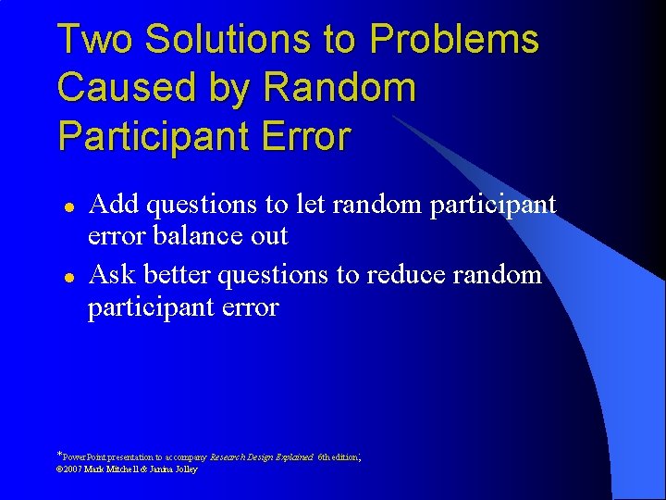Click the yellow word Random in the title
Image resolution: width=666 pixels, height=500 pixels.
pyautogui.click(x=339, y=88)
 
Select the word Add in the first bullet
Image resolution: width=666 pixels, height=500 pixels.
pyautogui.click(x=114, y=203)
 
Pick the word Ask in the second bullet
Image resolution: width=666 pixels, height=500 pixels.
pyautogui.click(x=112, y=274)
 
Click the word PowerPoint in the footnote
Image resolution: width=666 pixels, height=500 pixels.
pyautogui.click(x=85, y=457)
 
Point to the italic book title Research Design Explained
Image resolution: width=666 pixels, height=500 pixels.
pyautogui.click(x=262, y=457)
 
